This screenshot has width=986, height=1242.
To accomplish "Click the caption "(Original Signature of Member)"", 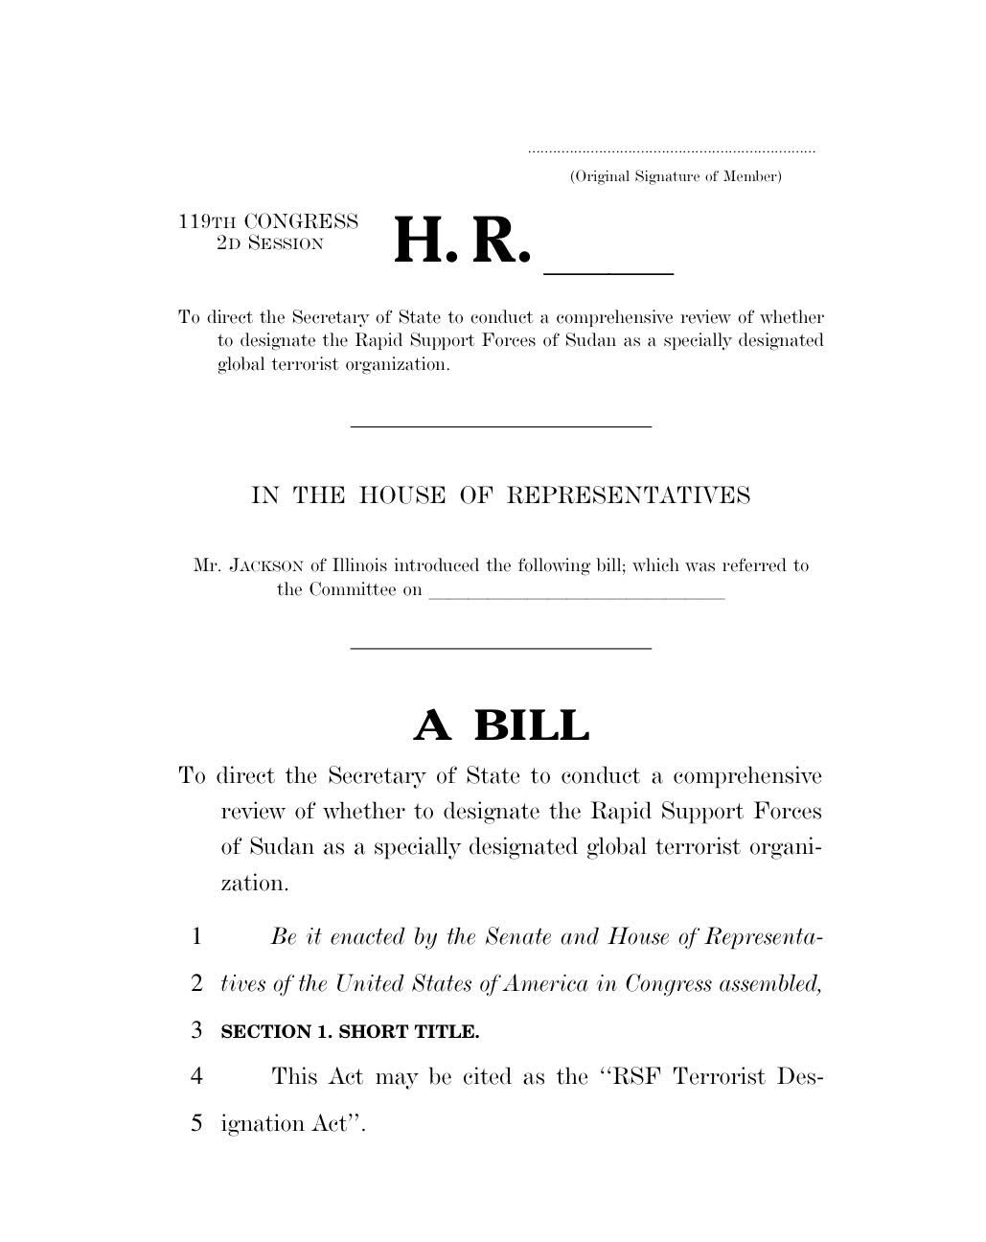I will [x=676, y=176].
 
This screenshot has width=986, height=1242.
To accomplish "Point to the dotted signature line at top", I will [x=672, y=151].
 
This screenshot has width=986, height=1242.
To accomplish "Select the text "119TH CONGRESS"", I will [x=268, y=221].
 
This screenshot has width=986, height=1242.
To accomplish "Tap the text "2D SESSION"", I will [x=270, y=243].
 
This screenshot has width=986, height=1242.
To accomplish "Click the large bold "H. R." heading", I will [x=461, y=242].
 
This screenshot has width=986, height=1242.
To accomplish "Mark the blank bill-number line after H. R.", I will [x=609, y=272].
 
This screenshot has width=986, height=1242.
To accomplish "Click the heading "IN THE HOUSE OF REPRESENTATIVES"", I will [x=500, y=495].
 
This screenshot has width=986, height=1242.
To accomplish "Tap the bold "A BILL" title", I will [x=501, y=725].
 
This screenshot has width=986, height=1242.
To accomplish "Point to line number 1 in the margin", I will [x=196, y=936].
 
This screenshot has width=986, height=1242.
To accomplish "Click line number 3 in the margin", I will [x=196, y=1031].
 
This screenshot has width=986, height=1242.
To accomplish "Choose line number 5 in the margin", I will [x=196, y=1123].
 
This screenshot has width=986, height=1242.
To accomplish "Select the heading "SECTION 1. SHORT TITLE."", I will [x=350, y=1032].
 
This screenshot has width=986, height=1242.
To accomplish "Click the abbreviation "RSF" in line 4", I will [x=636, y=1076].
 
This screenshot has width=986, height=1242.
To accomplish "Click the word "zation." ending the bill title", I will [x=254, y=883].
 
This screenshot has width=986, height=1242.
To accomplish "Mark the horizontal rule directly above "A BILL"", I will [x=500, y=649].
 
